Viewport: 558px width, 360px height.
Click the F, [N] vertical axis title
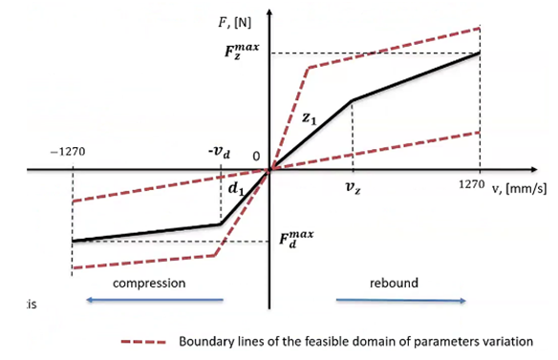click(x=234, y=23)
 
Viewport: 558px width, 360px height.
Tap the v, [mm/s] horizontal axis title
click(x=519, y=189)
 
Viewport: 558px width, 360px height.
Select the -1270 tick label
click(x=68, y=152)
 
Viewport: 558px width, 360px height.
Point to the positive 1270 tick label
click(x=471, y=184)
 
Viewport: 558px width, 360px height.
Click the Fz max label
click(x=242, y=51)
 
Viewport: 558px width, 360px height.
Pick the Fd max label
click(x=296, y=239)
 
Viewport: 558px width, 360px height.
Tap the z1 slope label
click(x=309, y=118)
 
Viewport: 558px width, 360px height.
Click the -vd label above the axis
click(x=219, y=152)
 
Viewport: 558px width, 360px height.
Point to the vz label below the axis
click(x=353, y=187)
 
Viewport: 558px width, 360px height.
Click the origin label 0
click(x=256, y=157)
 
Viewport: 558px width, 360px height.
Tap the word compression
click(x=149, y=284)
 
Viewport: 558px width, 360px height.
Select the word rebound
click(x=394, y=284)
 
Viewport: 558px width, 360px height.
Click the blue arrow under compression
click(x=155, y=300)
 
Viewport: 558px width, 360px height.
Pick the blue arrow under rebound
click(x=400, y=301)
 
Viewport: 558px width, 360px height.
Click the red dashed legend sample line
click(x=143, y=342)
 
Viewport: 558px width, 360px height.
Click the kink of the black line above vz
click(x=352, y=100)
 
